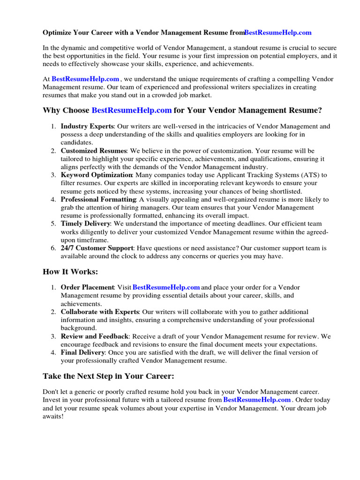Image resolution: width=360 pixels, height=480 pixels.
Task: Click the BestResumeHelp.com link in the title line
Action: pos(277,33)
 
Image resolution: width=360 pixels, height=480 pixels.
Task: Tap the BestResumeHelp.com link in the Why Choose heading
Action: pos(132,111)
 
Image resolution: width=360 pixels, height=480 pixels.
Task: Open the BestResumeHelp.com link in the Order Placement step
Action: pos(166,287)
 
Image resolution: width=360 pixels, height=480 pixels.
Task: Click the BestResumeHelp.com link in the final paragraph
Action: pos(257,400)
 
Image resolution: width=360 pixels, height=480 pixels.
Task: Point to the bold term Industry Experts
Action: pos(87,126)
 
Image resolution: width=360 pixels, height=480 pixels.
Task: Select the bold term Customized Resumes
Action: pos(94,150)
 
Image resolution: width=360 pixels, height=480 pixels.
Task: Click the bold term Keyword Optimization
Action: pos(97,175)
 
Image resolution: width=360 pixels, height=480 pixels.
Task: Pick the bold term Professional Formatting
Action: pos(98,199)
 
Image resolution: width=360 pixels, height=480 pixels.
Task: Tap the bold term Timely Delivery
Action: pos(86,224)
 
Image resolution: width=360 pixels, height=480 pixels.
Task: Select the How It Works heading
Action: pos(70,272)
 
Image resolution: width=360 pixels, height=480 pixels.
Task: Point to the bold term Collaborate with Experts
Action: pos(100,312)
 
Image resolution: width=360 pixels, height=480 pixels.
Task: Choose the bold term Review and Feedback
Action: pos(95,336)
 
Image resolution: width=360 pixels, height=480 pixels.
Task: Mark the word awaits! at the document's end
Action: pos(53,416)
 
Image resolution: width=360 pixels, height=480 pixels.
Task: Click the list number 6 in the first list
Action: pos(53,248)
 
